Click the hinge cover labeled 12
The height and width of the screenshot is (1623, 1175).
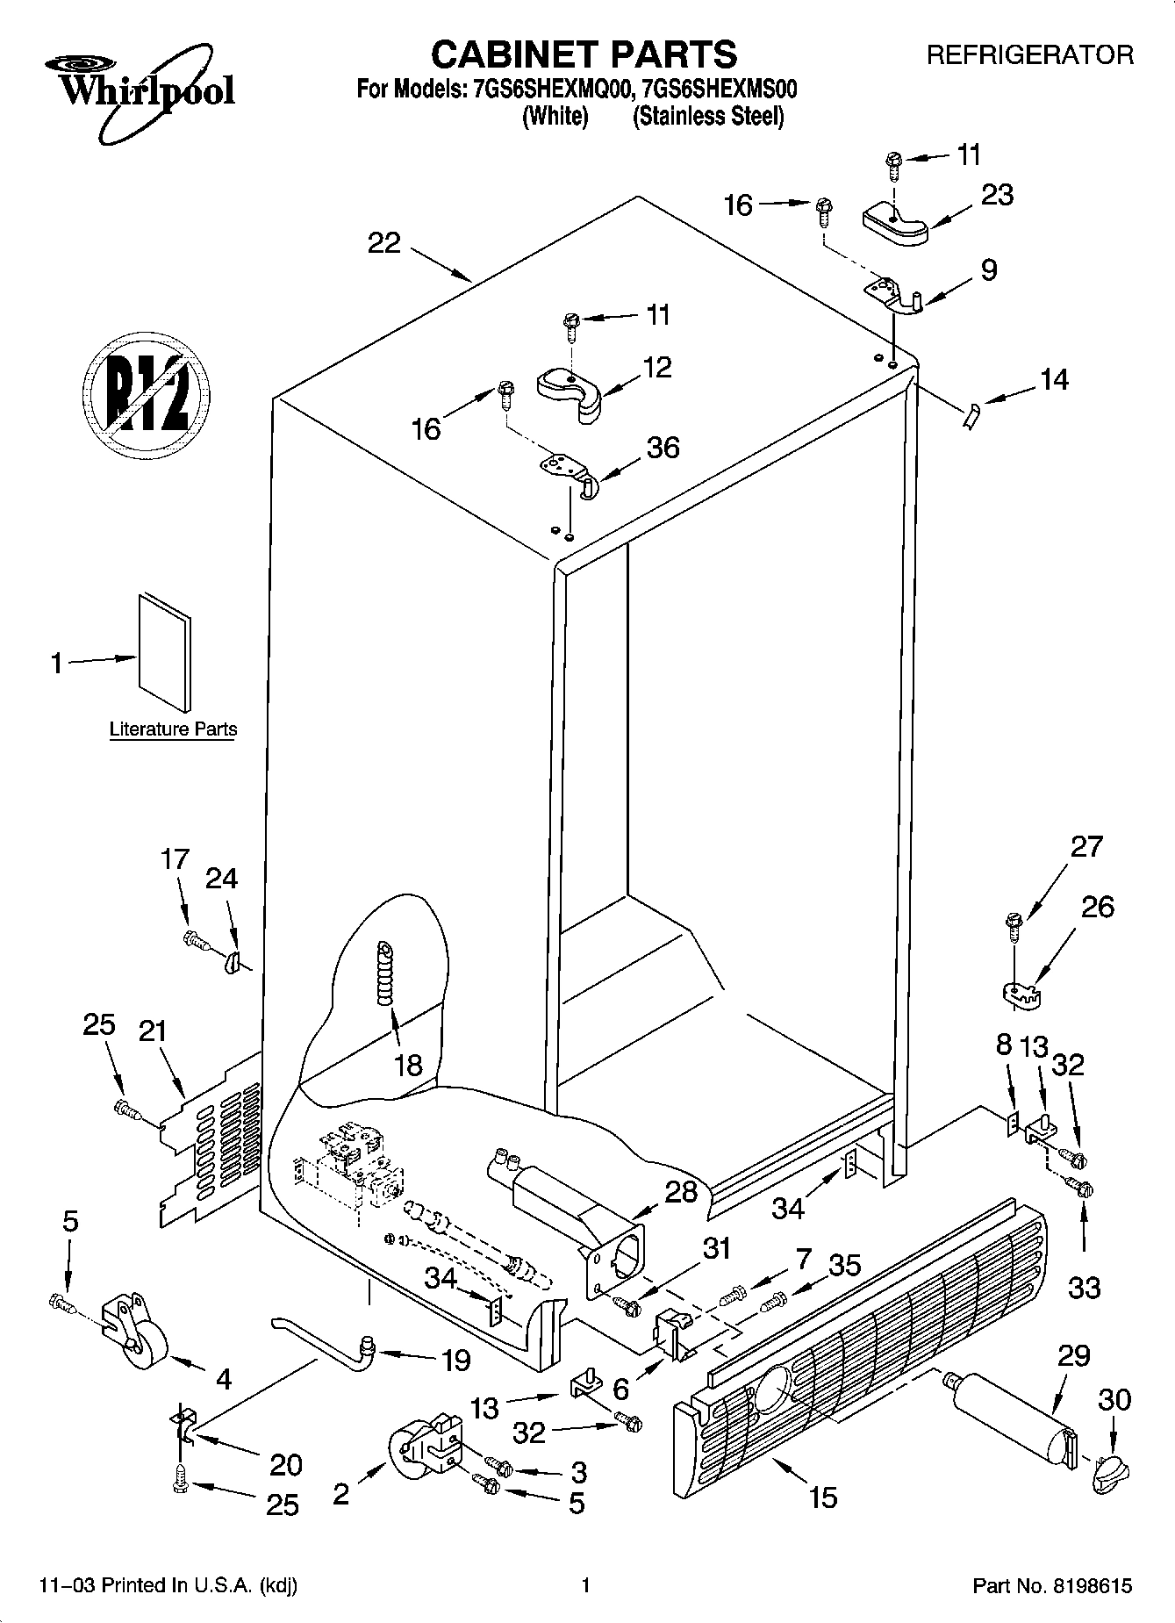pos(570,391)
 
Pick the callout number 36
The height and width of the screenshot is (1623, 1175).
pos(663,448)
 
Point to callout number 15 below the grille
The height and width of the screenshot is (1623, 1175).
pos(823,1496)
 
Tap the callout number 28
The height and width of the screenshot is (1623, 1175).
pos(681,1192)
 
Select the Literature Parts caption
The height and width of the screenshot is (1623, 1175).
pos(173,729)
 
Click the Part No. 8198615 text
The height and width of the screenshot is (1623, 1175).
pos(1052,1586)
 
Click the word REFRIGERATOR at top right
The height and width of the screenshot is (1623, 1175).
pos(1030,55)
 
